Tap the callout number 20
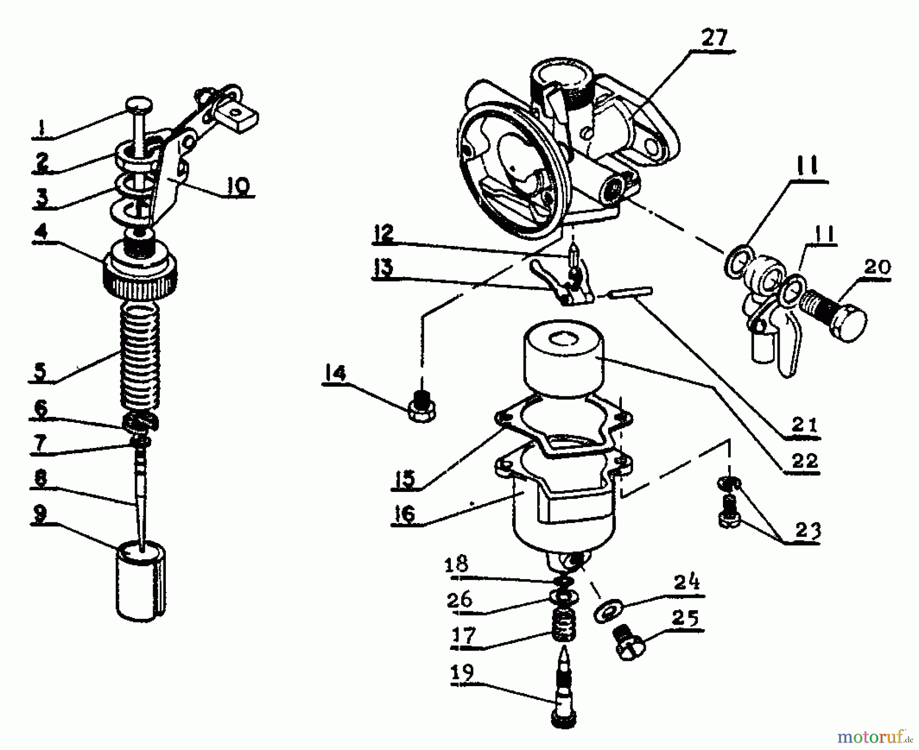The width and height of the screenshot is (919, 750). point(876,267)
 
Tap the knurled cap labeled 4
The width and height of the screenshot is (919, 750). point(141,276)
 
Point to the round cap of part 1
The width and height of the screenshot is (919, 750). point(139,106)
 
